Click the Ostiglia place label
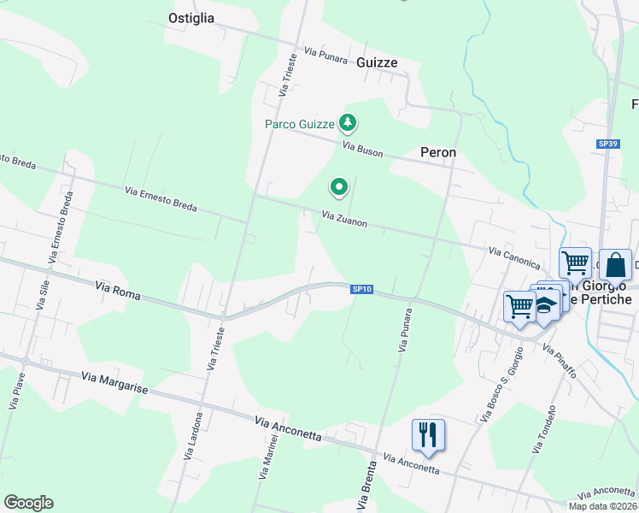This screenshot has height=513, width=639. (x=191, y=18)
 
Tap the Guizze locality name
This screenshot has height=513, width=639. (x=377, y=62)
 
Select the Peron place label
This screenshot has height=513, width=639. (x=438, y=152)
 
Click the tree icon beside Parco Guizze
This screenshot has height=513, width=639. (x=347, y=124)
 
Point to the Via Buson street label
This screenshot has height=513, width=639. (x=363, y=149)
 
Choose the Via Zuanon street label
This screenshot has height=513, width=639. (x=344, y=220)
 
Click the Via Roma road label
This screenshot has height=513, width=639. (x=117, y=292)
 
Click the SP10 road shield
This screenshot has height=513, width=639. (x=362, y=289)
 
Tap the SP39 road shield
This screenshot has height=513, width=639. (x=607, y=144)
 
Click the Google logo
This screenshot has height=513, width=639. (x=28, y=502)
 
